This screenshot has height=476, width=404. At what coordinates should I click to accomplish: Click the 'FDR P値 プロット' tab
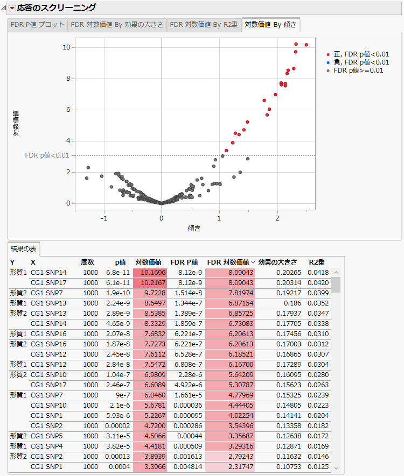click(37, 25)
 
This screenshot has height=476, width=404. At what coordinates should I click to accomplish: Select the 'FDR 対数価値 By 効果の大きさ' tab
click(117, 25)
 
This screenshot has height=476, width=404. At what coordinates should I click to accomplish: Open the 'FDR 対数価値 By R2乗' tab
click(204, 25)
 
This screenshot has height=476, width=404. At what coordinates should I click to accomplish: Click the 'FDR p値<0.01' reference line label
click(47, 155)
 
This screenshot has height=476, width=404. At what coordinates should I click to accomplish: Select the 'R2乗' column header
click(317, 262)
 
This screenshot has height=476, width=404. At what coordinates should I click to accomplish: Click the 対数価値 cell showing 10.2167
click(150, 283)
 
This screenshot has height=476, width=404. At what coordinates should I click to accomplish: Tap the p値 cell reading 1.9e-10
click(114, 293)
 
